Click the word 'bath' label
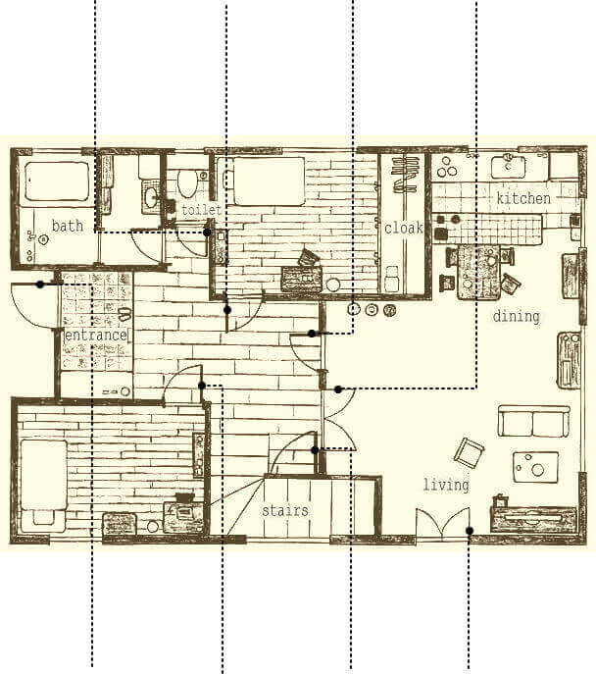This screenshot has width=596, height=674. (x=68, y=226)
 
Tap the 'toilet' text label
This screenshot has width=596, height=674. (x=201, y=210)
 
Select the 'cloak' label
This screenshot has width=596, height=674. (x=404, y=228)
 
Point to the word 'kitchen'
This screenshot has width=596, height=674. (x=523, y=198)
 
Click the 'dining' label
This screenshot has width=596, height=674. (x=517, y=316)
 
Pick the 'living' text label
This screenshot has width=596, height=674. (x=446, y=485)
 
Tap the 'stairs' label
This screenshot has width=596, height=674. (x=285, y=510)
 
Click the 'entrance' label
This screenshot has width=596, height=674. (x=96, y=335)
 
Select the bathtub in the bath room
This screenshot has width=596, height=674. (x=57, y=181)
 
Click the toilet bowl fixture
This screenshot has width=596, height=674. (x=187, y=183)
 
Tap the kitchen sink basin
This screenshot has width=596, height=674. (x=509, y=167)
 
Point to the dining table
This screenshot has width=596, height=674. (x=479, y=271)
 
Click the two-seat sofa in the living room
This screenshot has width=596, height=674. (x=534, y=421)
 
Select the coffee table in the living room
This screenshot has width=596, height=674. (x=535, y=467)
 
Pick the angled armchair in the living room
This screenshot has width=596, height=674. (x=469, y=453)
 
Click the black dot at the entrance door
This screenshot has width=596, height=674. (x=40, y=285)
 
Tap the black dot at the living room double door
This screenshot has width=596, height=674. (x=470, y=531)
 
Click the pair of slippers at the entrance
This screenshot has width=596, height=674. (x=124, y=314)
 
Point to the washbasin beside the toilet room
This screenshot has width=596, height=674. (x=150, y=198)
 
